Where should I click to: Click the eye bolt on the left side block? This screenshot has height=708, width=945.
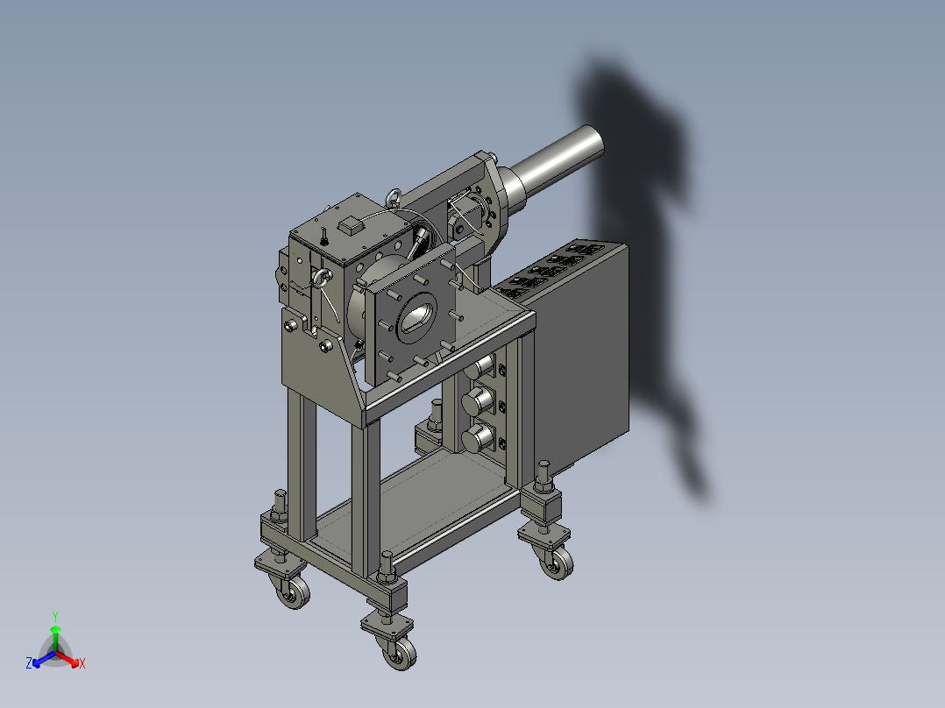tap(322, 279)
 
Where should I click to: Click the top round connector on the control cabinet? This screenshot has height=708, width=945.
tap(480, 368)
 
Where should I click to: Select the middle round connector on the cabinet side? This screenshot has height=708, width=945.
tap(477, 402)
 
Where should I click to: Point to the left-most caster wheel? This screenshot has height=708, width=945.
tap(294, 595)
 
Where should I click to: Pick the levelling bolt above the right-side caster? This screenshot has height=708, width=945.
tap(544, 478)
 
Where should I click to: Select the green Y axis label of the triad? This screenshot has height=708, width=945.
tap(54, 616)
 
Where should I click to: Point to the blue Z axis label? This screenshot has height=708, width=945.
tap(29, 663)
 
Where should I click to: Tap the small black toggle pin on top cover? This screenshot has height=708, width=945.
tap(323, 236)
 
